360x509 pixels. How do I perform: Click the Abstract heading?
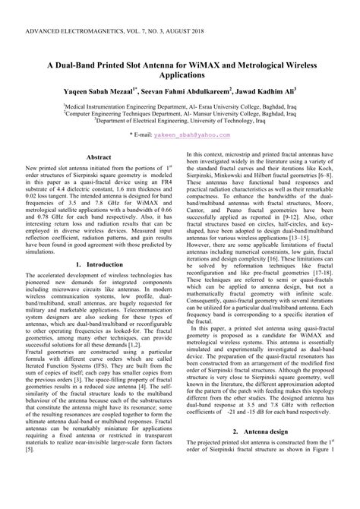(x=99, y=156)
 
